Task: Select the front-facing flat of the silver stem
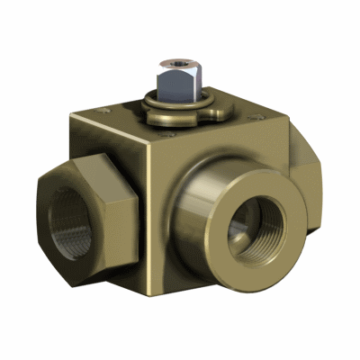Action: (x=170, y=86)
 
